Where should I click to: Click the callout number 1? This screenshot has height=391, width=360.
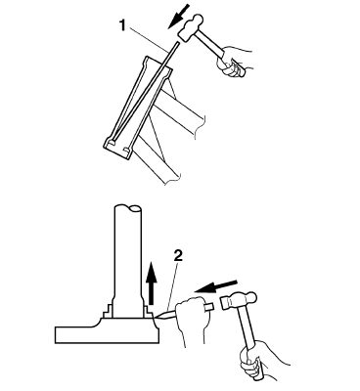[122, 25]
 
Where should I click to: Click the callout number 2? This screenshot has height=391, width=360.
[178, 256]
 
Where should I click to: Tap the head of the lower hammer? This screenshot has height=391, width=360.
[240, 300]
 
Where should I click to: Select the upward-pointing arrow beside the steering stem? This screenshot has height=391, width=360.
[151, 282]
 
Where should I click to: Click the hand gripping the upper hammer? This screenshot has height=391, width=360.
[234, 61]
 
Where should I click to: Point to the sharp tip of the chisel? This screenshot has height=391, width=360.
[157, 316]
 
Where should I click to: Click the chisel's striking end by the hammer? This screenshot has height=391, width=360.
[209, 307]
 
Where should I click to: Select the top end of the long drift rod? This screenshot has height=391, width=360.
[178, 42]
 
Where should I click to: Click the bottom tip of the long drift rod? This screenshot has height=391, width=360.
[111, 143]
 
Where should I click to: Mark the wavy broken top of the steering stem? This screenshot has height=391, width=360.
[128, 207]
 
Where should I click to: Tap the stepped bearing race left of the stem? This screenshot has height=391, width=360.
[109, 311]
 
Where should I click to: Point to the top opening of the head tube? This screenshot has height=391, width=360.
[157, 64]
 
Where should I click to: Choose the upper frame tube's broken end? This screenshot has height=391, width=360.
[200, 126]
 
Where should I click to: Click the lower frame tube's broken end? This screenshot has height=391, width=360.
[173, 180]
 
